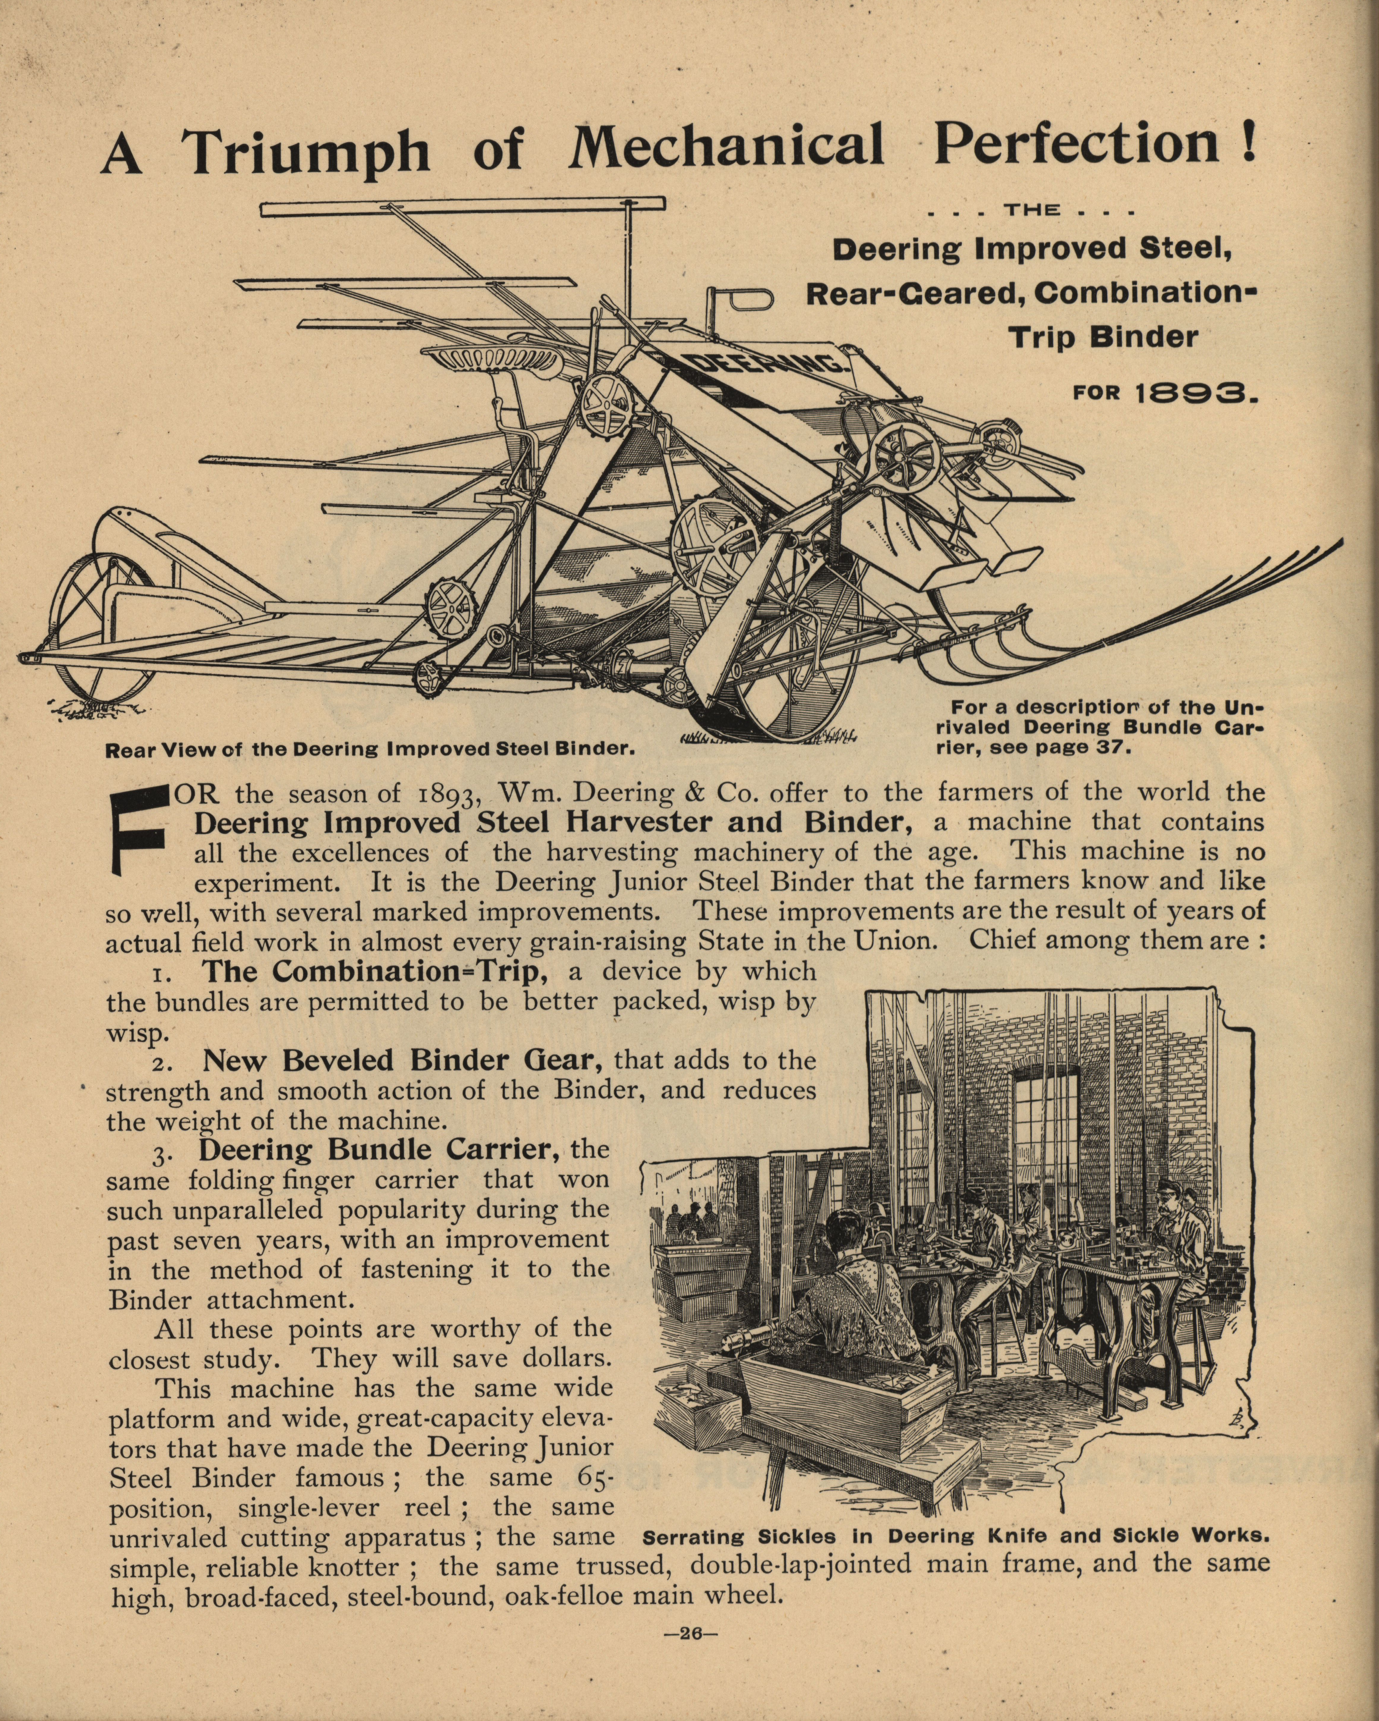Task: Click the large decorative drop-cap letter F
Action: click(144, 830)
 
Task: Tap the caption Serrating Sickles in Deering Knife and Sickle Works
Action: click(955, 1535)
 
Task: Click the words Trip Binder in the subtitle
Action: click(1104, 337)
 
